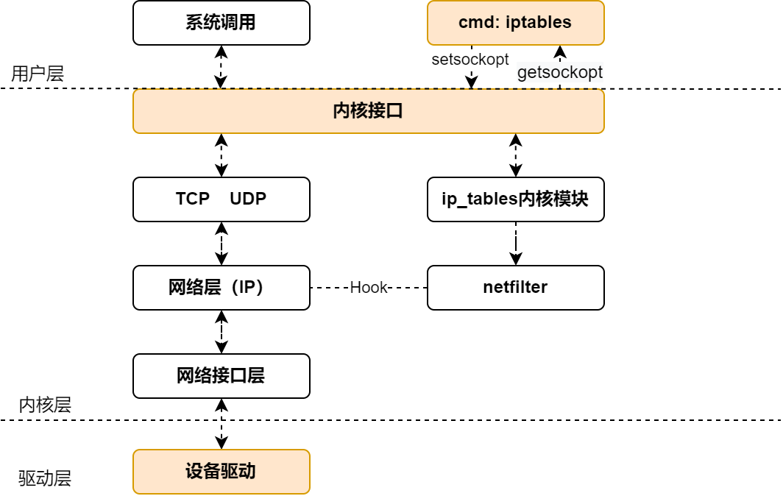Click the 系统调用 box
pos(221,23)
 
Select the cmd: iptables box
pos(515,23)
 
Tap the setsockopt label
pos(470,60)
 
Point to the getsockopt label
pos(560,72)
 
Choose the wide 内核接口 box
pos(368,111)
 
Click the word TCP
pos(193,199)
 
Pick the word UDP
pos(248,199)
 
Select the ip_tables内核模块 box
pos(515,199)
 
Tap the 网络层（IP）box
pos(221,288)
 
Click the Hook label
pos(369,288)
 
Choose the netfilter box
pos(515,288)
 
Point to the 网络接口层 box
pos(221,376)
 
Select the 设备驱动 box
pos(221,472)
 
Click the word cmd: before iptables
pos(479,23)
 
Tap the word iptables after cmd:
pos(539,23)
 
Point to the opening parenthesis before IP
pos(230,288)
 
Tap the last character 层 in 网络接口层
pos(256,376)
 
